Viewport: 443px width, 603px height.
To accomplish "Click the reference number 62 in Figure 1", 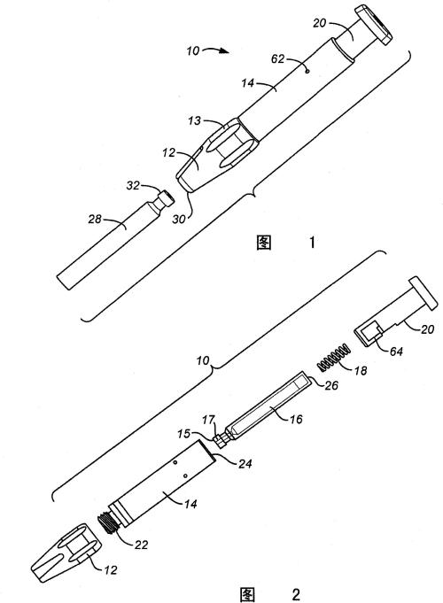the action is [x=277, y=58].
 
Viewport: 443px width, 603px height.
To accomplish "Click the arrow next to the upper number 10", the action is [x=217, y=50].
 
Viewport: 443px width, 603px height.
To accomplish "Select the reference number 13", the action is [x=195, y=120].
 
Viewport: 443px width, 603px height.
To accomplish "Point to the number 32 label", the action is [x=133, y=185].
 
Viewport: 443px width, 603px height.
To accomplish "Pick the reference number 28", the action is [x=95, y=220].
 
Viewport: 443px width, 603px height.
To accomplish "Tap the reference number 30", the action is [x=179, y=220].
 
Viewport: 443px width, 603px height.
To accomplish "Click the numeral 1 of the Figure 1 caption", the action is [x=312, y=243].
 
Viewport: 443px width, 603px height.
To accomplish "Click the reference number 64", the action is [x=396, y=351].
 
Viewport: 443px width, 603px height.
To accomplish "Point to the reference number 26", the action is [x=331, y=384].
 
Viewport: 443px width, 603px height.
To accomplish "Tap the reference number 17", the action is [x=208, y=420].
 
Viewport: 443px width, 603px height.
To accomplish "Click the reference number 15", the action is [x=184, y=434].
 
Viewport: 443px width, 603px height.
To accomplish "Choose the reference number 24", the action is [x=245, y=464].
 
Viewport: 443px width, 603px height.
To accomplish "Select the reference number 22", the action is [x=141, y=545].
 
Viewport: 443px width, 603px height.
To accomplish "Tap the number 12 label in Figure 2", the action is [x=111, y=570].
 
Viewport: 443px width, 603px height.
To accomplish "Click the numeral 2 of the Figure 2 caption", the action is [x=296, y=594].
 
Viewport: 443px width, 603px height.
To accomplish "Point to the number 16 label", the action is [x=296, y=419].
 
